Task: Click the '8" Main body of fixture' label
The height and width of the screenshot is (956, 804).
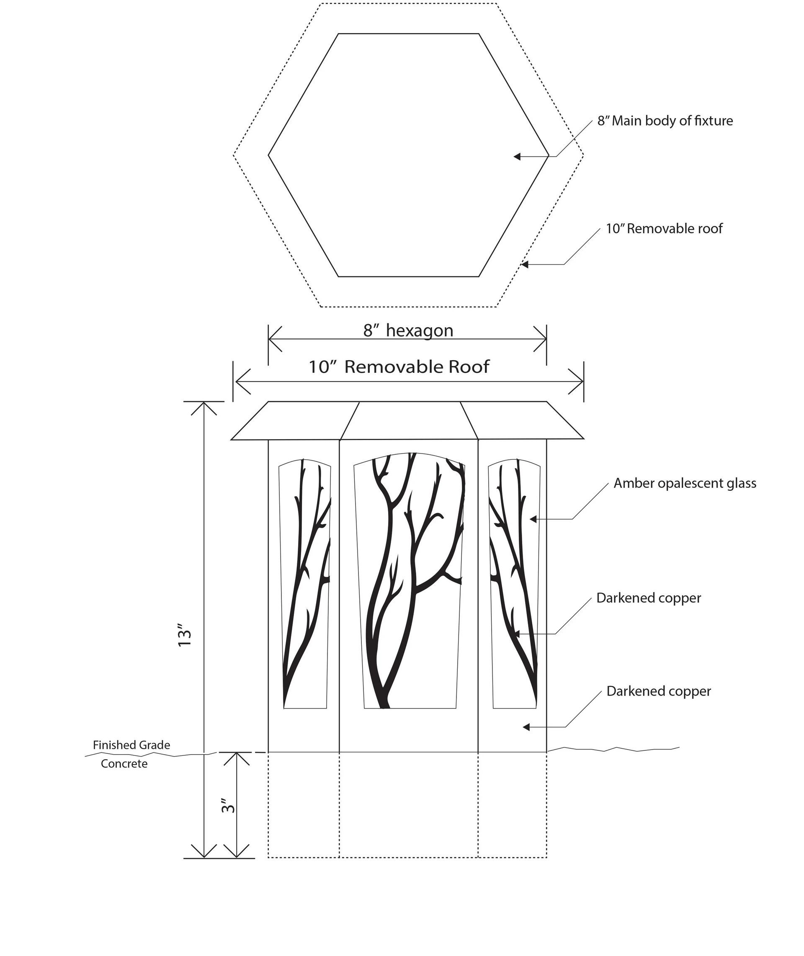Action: [x=665, y=121]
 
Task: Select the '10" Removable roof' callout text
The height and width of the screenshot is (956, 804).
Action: [x=664, y=229]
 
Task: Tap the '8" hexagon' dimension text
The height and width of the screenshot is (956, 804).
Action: [x=408, y=330]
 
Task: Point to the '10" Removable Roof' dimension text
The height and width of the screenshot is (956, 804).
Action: [x=399, y=367]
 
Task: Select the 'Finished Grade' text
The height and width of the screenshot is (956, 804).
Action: [x=131, y=745]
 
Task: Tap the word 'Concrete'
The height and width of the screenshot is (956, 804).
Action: [x=124, y=764]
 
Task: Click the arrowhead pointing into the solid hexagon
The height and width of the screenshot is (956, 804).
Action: [x=517, y=157]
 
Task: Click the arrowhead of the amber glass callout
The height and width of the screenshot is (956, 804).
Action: [x=532, y=519]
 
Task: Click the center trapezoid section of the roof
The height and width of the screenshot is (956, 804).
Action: [x=409, y=420]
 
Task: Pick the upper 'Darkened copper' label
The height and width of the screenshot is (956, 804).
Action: [x=648, y=598]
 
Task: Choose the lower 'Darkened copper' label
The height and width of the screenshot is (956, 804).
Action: [x=658, y=691]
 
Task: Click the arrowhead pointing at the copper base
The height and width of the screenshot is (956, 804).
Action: [x=526, y=727]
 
